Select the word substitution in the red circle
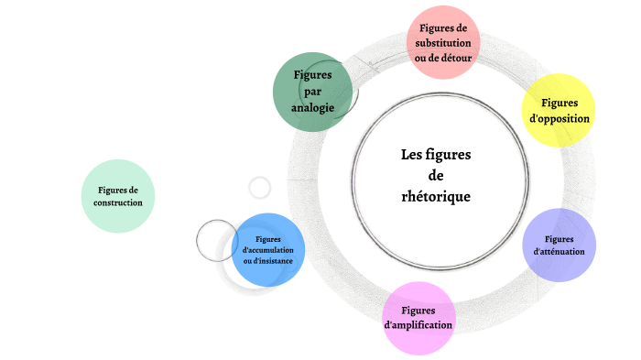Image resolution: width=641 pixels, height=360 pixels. click(443, 43)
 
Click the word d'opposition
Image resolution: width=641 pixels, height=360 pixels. click(560, 118)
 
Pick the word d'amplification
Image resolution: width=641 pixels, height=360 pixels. click(418, 325)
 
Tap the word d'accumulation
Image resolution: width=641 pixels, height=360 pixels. click(267, 249)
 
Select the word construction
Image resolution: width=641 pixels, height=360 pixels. click(118, 202)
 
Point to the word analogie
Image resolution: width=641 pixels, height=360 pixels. click(312, 108)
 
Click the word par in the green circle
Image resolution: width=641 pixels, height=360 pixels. click(312, 92)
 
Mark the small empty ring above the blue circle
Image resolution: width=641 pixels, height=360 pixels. click(260, 188)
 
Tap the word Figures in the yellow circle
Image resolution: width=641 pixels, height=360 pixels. click(560, 103)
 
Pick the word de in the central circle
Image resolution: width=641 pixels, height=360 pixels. click(436, 175)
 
